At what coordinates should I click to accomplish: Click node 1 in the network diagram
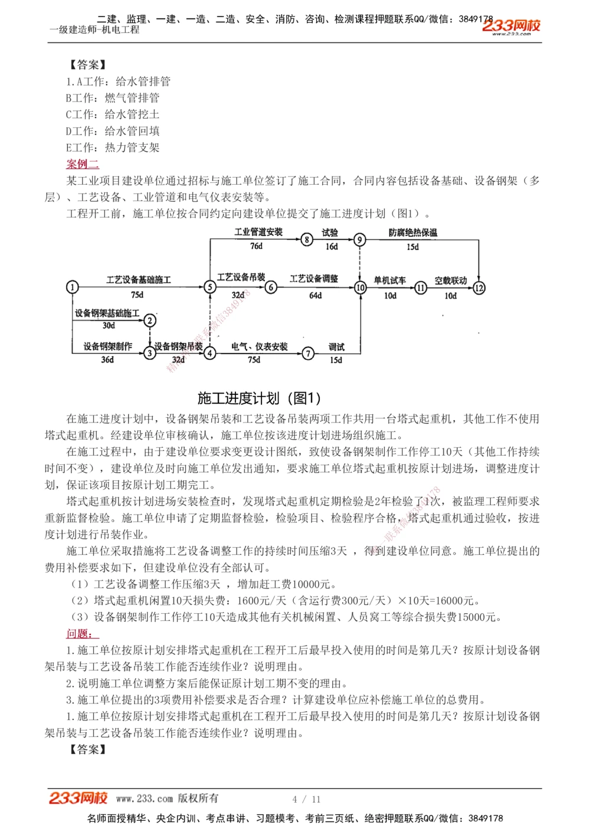pos(72,287)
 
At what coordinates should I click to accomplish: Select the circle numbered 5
pos(210,287)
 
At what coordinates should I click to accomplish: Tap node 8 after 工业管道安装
pos(306,239)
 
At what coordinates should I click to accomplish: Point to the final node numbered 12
pos(479,288)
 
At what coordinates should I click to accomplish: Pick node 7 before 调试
pos(308,353)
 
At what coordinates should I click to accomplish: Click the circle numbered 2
pos(150,320)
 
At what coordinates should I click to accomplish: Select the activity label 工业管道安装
pos(258,232)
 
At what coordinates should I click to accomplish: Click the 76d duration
pos(256,246)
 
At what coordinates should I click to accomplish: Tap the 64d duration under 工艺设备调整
pos(315,295)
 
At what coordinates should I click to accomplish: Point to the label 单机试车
pos(389,281)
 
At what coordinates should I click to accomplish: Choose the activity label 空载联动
pos(450,281)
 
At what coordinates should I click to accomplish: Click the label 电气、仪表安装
pos(259,347)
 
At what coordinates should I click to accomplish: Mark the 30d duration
pos(109,325)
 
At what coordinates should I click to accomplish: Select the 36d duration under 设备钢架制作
pos(107,359)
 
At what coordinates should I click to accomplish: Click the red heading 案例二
pos(83,164)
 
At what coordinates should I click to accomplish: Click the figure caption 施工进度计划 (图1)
pos(259,398)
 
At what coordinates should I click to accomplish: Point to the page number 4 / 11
pos(306,799)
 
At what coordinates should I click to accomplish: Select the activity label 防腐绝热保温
pos(413,233)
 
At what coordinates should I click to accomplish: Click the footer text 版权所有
pos(198,798)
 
